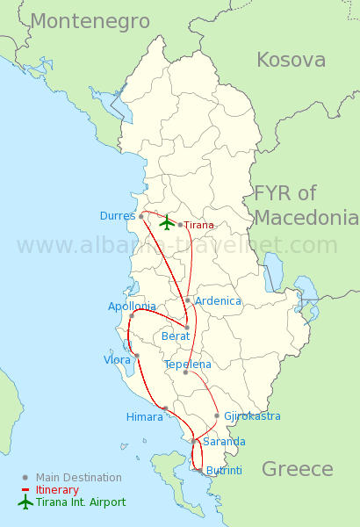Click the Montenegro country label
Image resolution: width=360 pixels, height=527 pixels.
pos(90,22)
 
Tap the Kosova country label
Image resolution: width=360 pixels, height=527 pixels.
pos(291,60)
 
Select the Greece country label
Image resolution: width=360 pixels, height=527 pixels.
pos(298,469)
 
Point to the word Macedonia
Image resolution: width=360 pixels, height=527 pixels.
pos(307,217)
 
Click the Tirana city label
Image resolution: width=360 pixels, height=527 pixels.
pos(198,225)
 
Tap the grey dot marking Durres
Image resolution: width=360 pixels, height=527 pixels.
pos(140,215)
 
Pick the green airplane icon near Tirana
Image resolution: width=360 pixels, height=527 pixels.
pos(167,222)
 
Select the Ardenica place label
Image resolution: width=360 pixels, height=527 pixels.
pos(218,301)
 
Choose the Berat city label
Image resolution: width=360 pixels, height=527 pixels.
pos(176,336)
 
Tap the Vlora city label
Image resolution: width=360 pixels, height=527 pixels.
pos(117,360)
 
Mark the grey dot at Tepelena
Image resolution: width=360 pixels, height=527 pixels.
pos(185,372)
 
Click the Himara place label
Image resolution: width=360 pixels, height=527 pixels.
pos(145,417)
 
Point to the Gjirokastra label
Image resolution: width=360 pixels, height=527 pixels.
pos(253,415)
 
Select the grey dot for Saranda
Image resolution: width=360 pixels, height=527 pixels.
pos(193,441)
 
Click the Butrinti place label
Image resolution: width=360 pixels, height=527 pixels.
pos(224,471)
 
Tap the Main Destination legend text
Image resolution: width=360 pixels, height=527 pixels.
pos(79,478)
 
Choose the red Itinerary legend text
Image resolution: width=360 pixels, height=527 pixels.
pos(57,490)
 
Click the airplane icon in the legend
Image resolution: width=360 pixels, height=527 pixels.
pos(25,502)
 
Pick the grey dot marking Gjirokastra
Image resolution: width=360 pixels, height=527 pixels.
pos(217,415)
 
